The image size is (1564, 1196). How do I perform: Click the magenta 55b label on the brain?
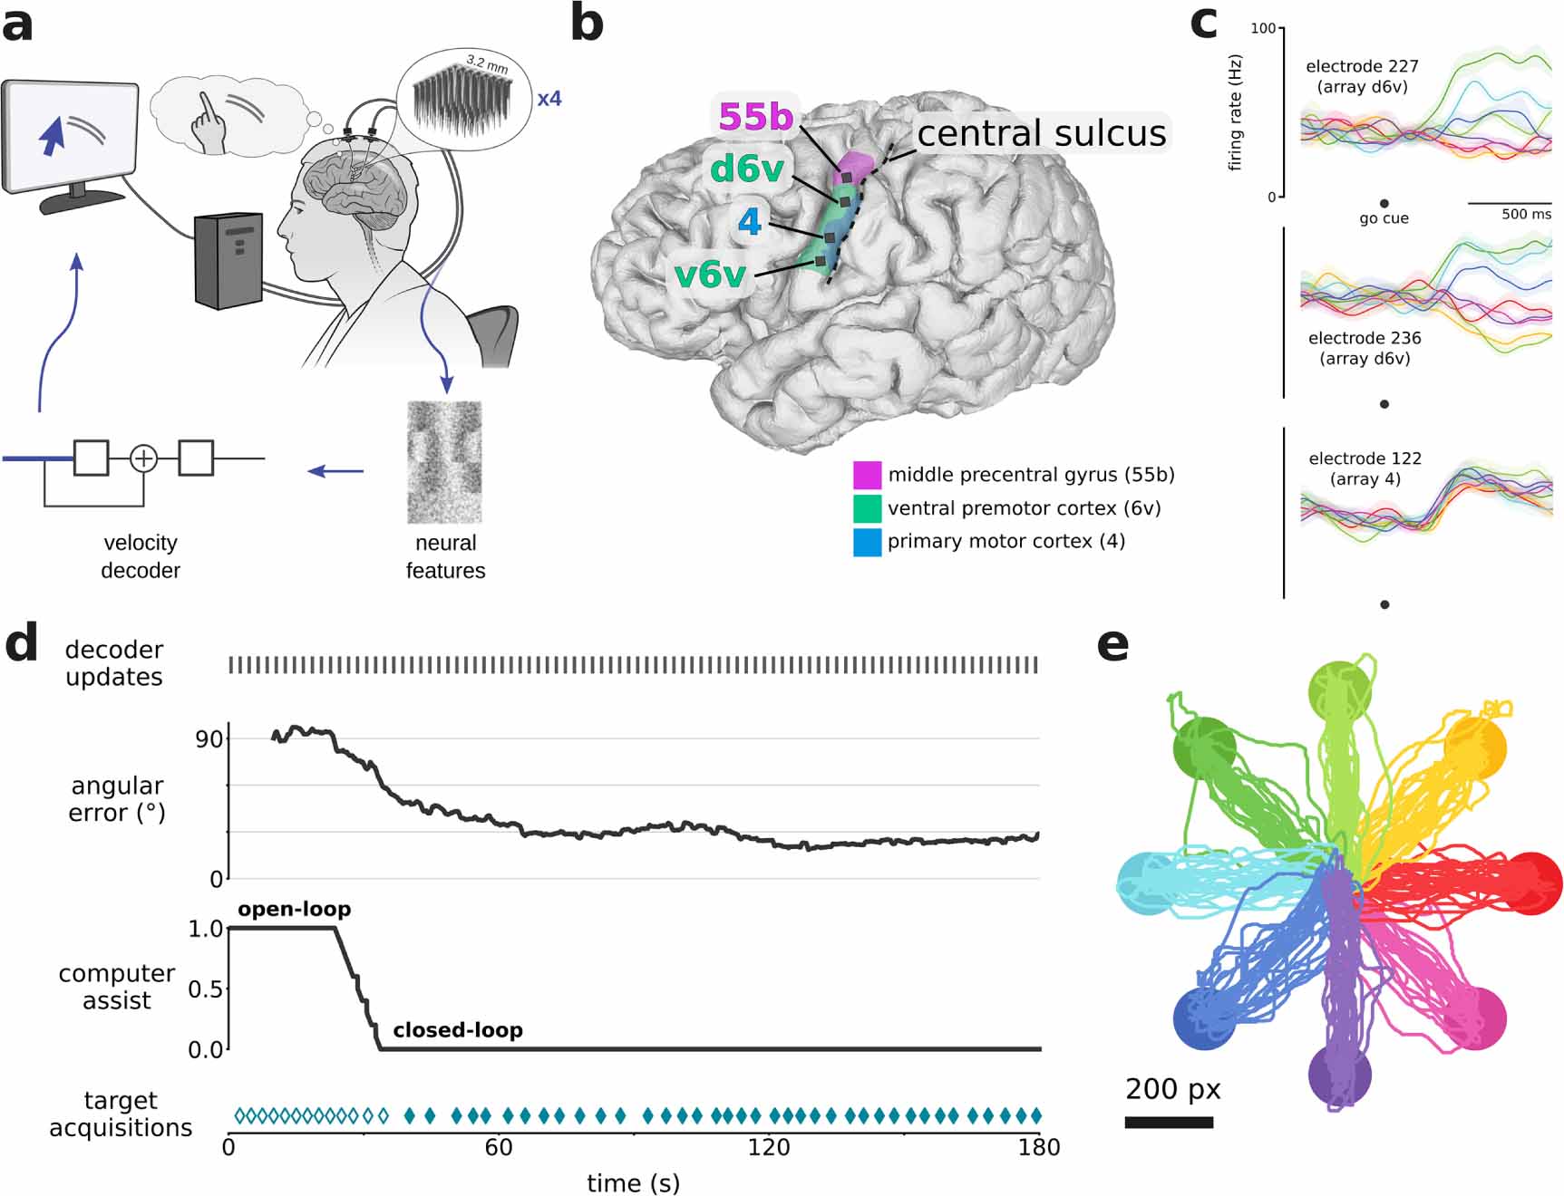point(755,117)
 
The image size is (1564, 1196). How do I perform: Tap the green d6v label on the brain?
point(747,169)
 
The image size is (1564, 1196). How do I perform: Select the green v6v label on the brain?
point(710,275)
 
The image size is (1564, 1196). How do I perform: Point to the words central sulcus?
point(1041,133)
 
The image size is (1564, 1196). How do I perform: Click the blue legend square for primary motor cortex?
point(867,542)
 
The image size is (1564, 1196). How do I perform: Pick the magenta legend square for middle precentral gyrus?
point(867,475)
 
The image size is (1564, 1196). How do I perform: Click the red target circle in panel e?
point(1531,883)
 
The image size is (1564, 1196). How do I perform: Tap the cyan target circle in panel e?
point(1147,883)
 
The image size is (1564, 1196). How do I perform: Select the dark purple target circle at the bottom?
point(1339,1075)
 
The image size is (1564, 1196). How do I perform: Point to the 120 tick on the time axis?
point(768,1148)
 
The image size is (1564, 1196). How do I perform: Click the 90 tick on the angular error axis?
point(209,739)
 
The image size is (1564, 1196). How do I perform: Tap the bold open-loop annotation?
point(294,909)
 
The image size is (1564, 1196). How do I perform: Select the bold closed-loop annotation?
point(457,1030)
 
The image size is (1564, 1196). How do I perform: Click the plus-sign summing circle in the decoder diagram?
point(143,458)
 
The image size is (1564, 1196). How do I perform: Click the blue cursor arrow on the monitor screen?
point(53,136)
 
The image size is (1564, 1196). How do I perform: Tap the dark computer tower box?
point(228,260)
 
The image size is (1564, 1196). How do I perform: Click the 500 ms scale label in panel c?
point(1526,215)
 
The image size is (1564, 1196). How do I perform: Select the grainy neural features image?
point(444,462)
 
